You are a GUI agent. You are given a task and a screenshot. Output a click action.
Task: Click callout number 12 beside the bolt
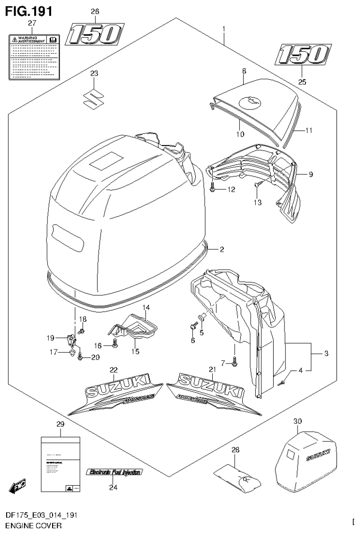230,189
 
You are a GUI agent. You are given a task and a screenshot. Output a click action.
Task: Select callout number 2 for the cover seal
222,249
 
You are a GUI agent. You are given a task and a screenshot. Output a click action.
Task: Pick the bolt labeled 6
192,325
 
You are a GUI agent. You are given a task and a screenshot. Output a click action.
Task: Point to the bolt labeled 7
234,361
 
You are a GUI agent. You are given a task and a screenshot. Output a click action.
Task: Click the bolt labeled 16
115,345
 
